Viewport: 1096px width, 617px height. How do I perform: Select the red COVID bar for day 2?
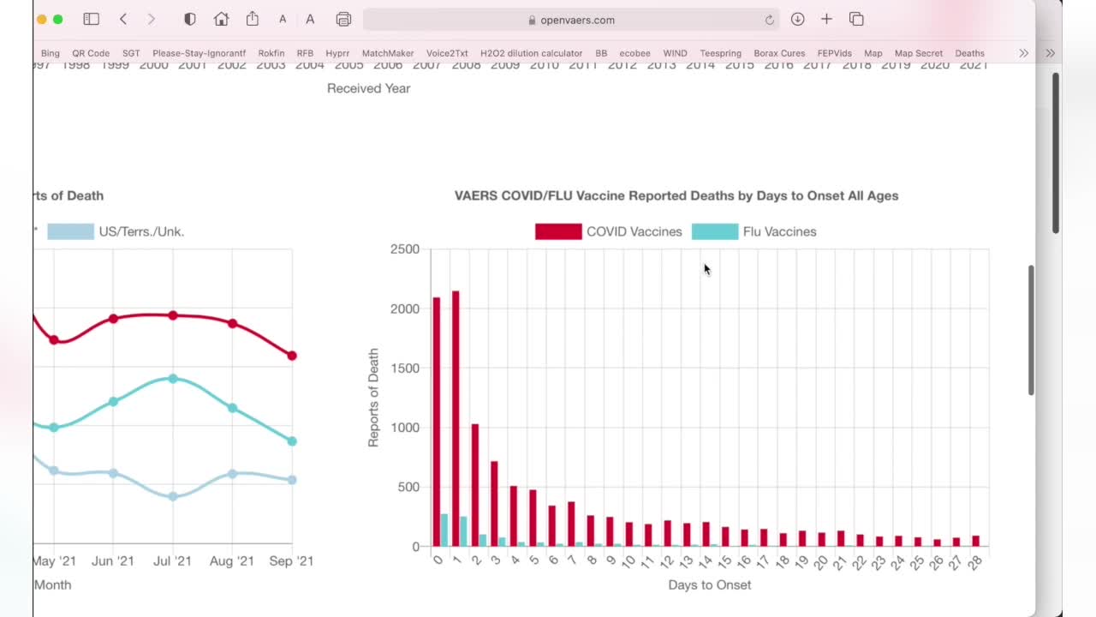[x=475, y=485]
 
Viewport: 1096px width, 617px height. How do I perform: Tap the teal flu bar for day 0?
[x=444, y=530]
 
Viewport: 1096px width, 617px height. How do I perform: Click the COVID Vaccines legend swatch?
[x=558, y=231]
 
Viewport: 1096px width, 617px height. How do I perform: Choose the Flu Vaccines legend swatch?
[x=715, y=231]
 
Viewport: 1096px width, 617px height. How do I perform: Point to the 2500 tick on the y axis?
[x=405, y=249]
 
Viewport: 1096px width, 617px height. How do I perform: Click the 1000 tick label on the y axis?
[x=405, y=428]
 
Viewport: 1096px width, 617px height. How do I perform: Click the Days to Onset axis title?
[x=709, y=585]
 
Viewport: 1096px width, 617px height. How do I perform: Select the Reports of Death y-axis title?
[x=373, y=398]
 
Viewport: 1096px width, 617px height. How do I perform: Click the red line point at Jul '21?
[x=173, y=315]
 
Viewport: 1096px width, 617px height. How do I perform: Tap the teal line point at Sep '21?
[x=292, y=441]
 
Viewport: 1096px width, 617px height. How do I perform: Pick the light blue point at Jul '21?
[x=173, y=496]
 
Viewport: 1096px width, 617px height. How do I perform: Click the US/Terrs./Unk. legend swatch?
[x=70, y=231]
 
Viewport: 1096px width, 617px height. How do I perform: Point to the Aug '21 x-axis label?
[x=231, y=561]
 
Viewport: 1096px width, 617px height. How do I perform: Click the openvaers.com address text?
[x=577, y=20]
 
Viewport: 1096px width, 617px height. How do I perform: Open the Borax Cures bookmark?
[x=779, y=53]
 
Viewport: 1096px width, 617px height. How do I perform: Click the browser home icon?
[x=221, y=20]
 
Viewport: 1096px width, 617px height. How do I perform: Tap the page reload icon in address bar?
[x=770, y=20]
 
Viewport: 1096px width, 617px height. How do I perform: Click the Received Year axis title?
[x=368, y=88]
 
